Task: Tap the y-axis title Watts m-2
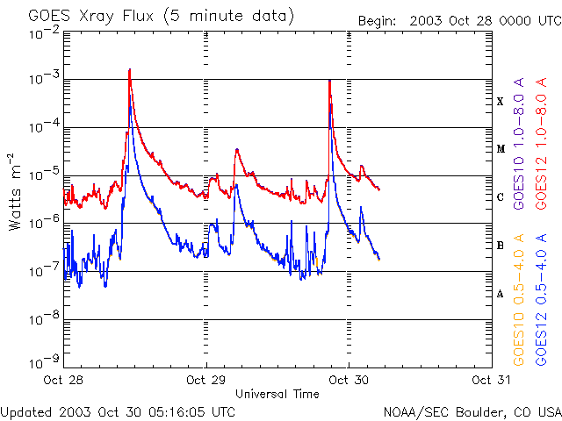pos(15,192)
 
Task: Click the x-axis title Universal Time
pos(277,394)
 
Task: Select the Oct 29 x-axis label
pos(206,381)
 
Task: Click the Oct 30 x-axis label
pos(349,381)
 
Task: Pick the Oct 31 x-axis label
pos(490,381)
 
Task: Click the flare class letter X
pos(501,102)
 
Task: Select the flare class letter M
pos(501,149)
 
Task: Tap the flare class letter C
pos(501,197)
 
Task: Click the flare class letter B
pos(501,246)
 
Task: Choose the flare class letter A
pos(501,294)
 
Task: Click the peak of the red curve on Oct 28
pos(129,70)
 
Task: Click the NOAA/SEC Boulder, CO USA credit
pos(472,411)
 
